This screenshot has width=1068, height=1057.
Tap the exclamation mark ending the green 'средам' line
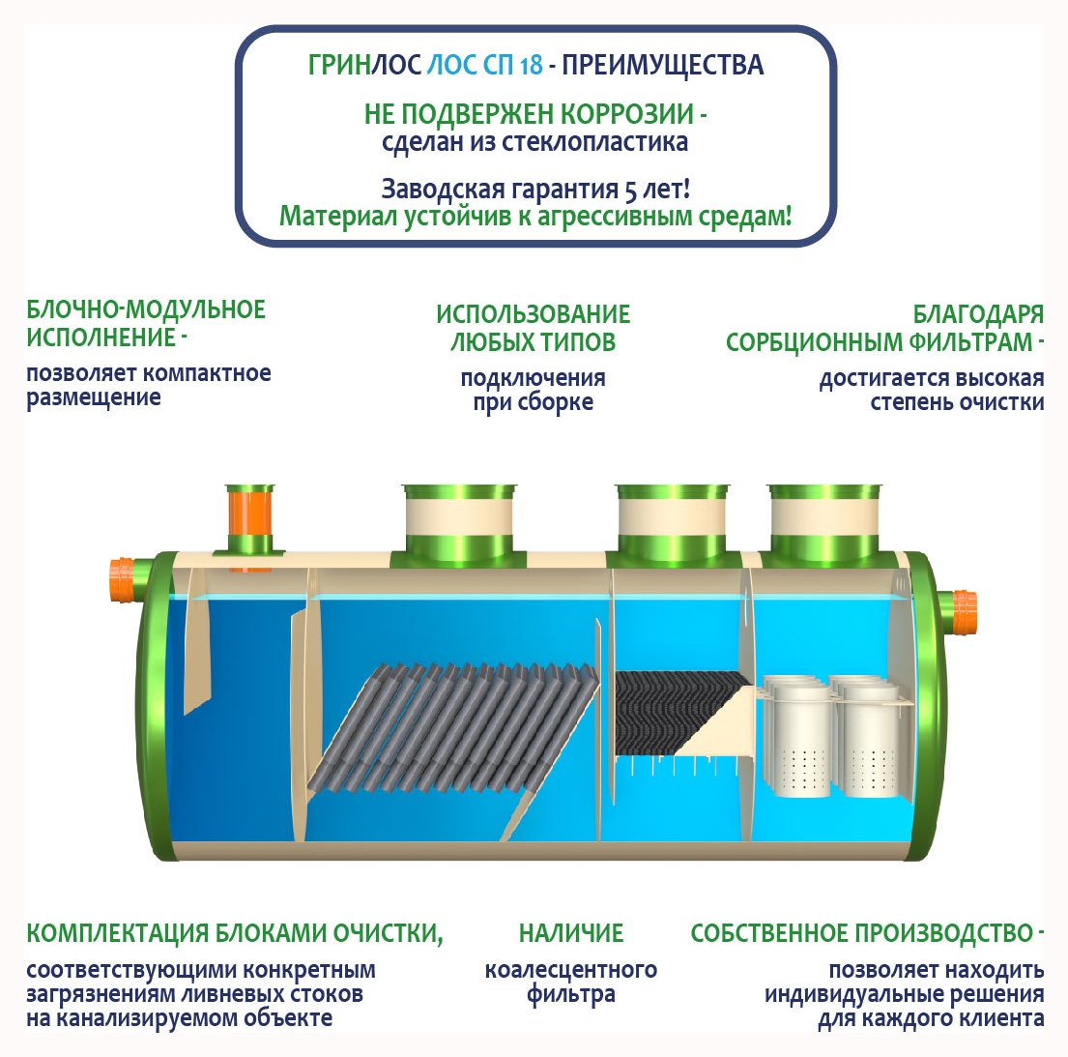[x=788, y=216]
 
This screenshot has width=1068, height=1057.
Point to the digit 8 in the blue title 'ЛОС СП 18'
[x=536, y=66]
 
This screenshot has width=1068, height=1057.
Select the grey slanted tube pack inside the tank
[x=454, y=728]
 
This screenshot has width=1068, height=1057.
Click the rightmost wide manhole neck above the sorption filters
[x=824, y=526]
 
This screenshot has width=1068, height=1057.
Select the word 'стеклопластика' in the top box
[x=594, y=142]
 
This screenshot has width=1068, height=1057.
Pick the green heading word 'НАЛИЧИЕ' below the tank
[x=571, y=933]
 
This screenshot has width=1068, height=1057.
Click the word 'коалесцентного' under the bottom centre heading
[x=571, y=970]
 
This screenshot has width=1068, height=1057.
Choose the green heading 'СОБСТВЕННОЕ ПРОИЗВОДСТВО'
[x=862, y=933]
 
